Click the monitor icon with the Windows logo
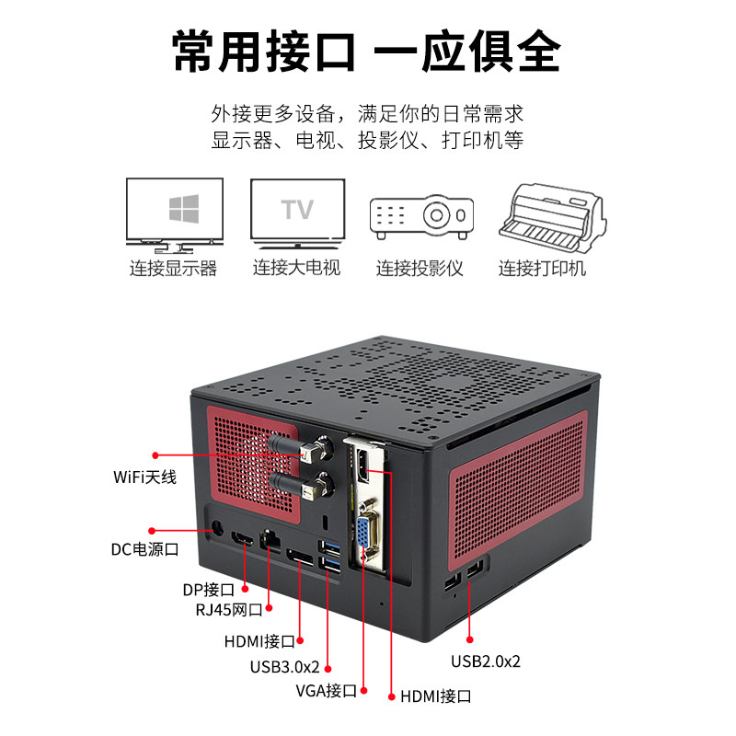(175, 213)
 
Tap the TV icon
(297, 213)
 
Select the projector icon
(420, 217)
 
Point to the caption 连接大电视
(296, 269)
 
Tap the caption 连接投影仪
(420, 269)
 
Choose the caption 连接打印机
(543, 269)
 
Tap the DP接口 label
(210, 590)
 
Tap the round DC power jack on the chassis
(219, 529)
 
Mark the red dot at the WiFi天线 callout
(155, 454)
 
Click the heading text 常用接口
(265, 52)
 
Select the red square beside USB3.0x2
(328, 668)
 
